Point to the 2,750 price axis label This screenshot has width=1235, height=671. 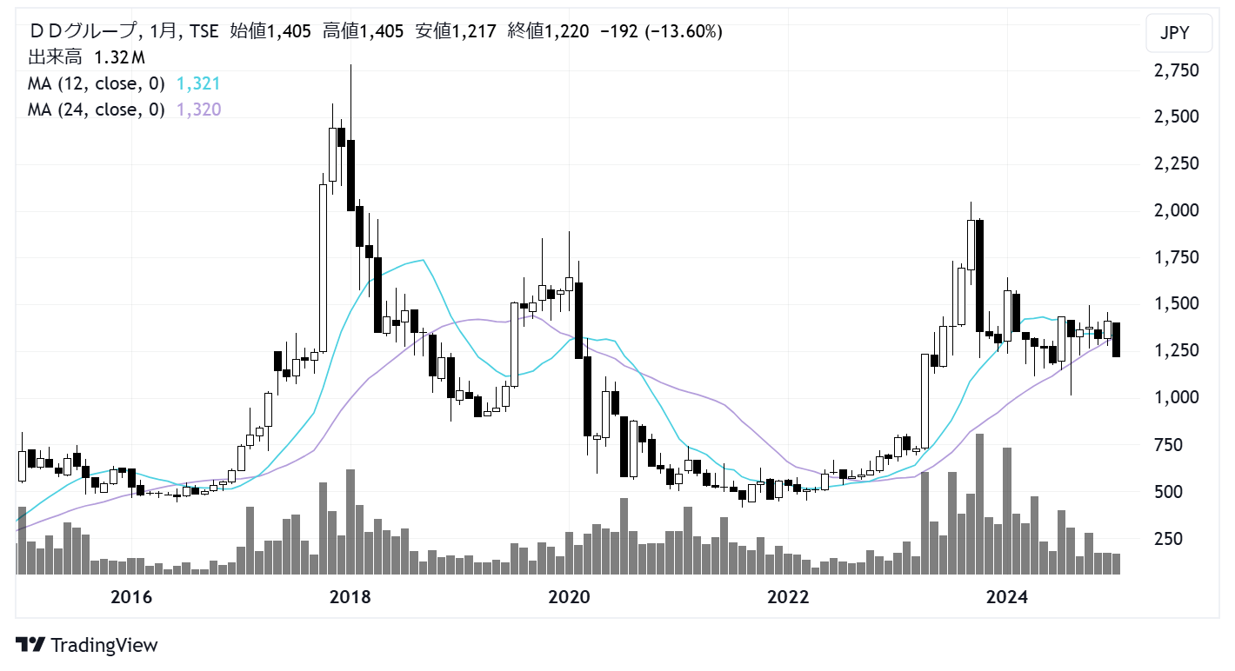[x=1176, y=70]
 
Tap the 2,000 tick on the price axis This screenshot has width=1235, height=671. [x=1176, y=210]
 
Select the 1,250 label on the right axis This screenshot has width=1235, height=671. [x=1176, y=350]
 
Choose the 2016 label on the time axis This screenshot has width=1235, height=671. [x=131, y=597]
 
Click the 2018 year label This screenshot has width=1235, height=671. [x=350, y=597]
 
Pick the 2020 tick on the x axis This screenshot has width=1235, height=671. [x=570, y=597]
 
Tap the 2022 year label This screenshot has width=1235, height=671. [x=789, y=597]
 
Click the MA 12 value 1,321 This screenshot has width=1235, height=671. [x=197, y=84]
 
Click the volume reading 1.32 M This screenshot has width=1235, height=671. [x=119, y=58]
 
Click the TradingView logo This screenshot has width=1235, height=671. [x=87, y=645]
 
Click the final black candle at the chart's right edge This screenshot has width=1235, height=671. [x=1115, y=339]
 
